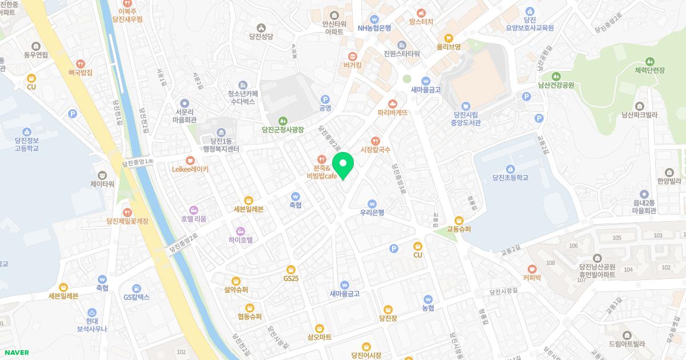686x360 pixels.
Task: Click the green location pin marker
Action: (x=343, y=165)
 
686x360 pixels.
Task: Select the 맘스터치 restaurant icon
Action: (x=421, y=12)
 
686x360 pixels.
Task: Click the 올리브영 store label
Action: (x=449, y=46)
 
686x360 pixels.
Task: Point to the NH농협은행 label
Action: (x=374, y=27)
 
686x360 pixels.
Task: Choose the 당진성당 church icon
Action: (x=261, y=27)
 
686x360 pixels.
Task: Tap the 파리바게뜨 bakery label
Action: (x=392, y=113)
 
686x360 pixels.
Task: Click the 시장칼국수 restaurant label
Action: (x=375, y=150)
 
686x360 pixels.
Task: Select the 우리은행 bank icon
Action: (x=372, y=203)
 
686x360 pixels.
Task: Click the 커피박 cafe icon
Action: (x=532, y=269)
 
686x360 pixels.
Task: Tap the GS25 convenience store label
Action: (x=291, y=278)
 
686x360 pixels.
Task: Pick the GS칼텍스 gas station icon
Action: (x=137, y=288)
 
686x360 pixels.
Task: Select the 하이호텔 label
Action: (x=240, y=239)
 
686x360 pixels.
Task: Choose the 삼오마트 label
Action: (x=319, y=337)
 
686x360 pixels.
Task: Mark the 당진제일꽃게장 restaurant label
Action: (x=127, y=221)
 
